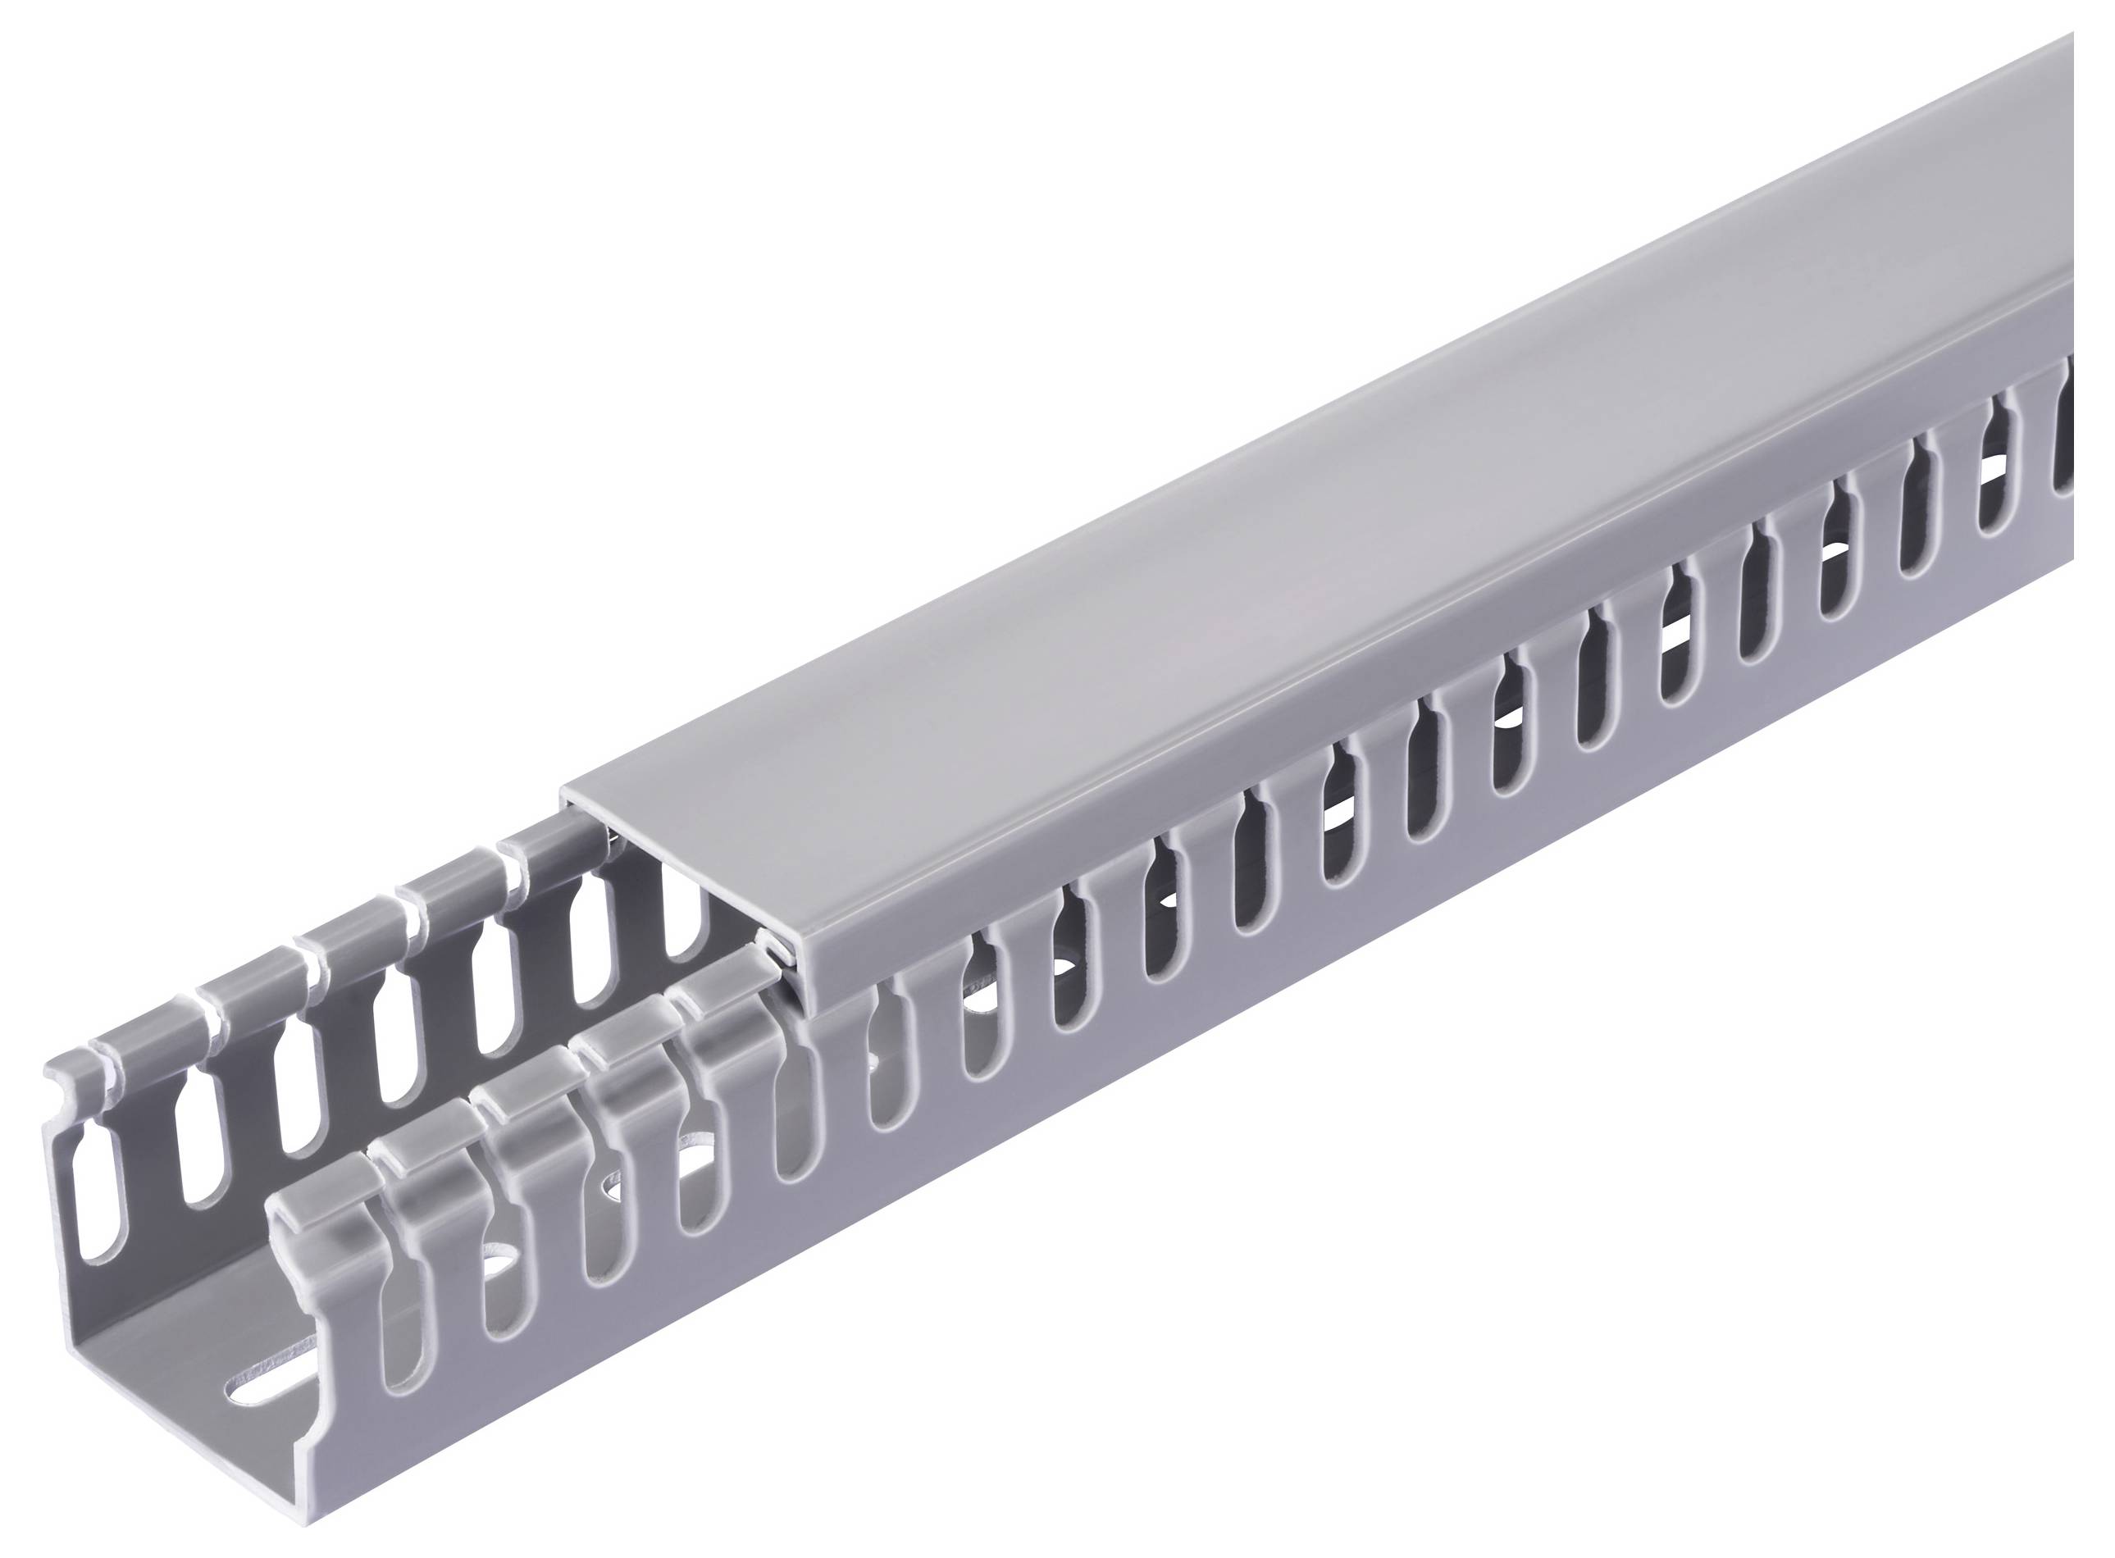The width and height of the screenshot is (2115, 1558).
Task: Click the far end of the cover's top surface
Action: pos(2027,142)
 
